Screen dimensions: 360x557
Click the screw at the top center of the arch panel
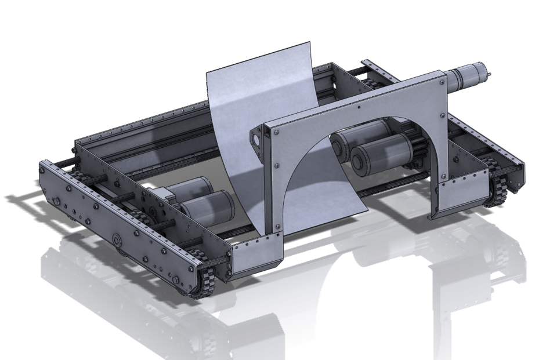[x=360, y=107]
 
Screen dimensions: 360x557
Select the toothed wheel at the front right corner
[x=497, y=191]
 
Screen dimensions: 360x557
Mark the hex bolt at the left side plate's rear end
[x=56, y=201]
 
